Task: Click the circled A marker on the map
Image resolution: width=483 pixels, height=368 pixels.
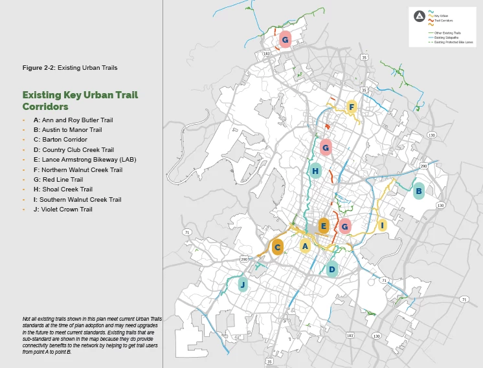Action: pyautogui.click(x=305, y=246)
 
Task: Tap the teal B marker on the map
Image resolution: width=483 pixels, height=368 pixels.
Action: pyautogui.click(x=418, y=191)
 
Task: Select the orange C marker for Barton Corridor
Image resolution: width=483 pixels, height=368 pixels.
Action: pyautogui.click(x=277, y=247)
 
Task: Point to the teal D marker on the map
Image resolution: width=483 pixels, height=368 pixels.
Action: pyautogui.click(x=331, y=269)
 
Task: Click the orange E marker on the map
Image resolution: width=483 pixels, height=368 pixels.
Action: pyautogui.click(x=324, y=226)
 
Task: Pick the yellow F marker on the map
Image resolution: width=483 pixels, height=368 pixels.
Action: pyautogui.click(x=352, y=107)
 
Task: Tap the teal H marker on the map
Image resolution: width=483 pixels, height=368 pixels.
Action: pyautogui.click(x=315, y=171)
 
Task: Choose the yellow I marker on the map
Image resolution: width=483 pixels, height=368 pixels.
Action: pyautogui.click(x=383, y=226)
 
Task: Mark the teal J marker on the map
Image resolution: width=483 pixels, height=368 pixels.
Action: pyautogui.click(x=243, y=285)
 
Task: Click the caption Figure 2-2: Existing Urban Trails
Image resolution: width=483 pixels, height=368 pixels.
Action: pyautogui.click(x=70, y=68)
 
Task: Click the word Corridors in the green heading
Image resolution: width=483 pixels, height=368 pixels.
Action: pyautogui.click(x=45, y=106)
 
